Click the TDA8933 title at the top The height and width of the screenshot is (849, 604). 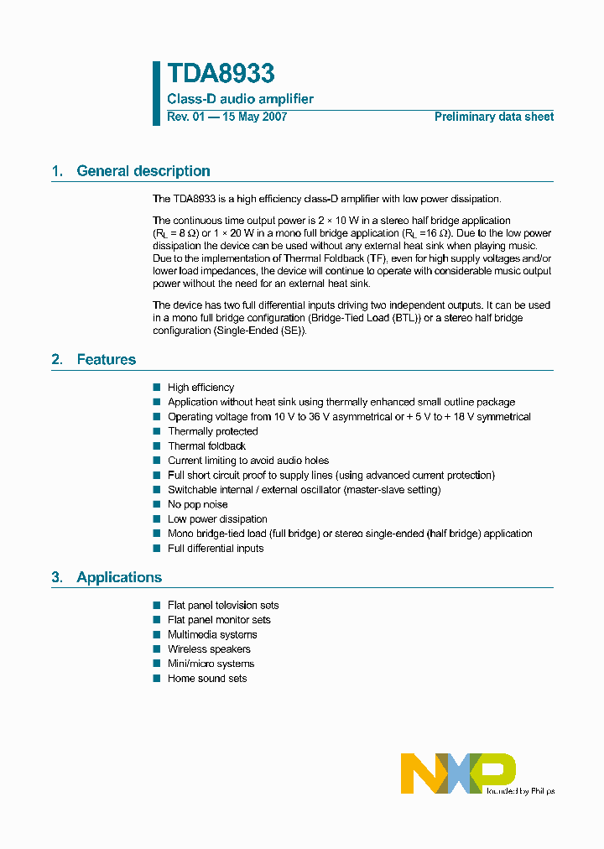point(221,74)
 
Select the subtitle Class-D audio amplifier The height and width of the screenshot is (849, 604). point(240,99)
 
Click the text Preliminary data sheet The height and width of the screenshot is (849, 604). point(493,117)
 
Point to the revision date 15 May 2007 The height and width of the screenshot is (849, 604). point(254,117)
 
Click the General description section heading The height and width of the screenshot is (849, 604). point(143,171)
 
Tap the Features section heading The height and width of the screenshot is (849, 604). point(106,359)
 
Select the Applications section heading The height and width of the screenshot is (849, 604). point(118,577)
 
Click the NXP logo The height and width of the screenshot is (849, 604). point(458,773)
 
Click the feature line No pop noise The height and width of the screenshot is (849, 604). point(197,505)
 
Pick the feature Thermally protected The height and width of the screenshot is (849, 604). point(212,431)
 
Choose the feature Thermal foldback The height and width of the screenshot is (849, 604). point(206,446)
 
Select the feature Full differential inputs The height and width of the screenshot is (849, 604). point(216,549)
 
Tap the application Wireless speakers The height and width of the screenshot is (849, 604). point(209,649)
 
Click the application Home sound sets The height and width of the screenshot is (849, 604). point(207,679)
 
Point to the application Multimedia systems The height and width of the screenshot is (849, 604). point(212,635)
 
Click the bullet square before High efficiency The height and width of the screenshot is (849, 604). point(156,388)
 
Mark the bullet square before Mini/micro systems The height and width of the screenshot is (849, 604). point(156,664)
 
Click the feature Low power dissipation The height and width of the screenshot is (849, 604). point(217,519)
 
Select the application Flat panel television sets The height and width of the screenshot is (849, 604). point(223,606)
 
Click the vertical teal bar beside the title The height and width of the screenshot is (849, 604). point(156,93)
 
